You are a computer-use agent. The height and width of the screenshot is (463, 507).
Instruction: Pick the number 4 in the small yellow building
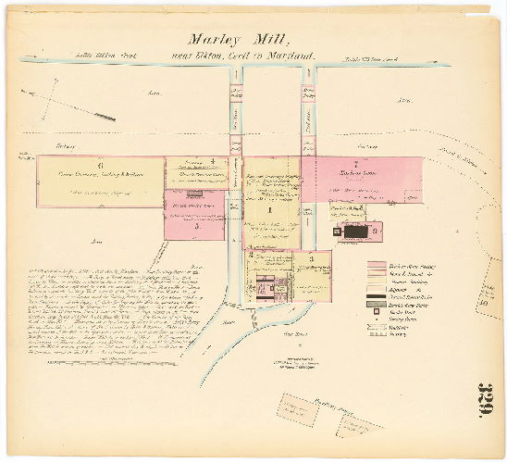point(214,161)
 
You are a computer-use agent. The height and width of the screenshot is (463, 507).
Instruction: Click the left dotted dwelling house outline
point(299,408)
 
